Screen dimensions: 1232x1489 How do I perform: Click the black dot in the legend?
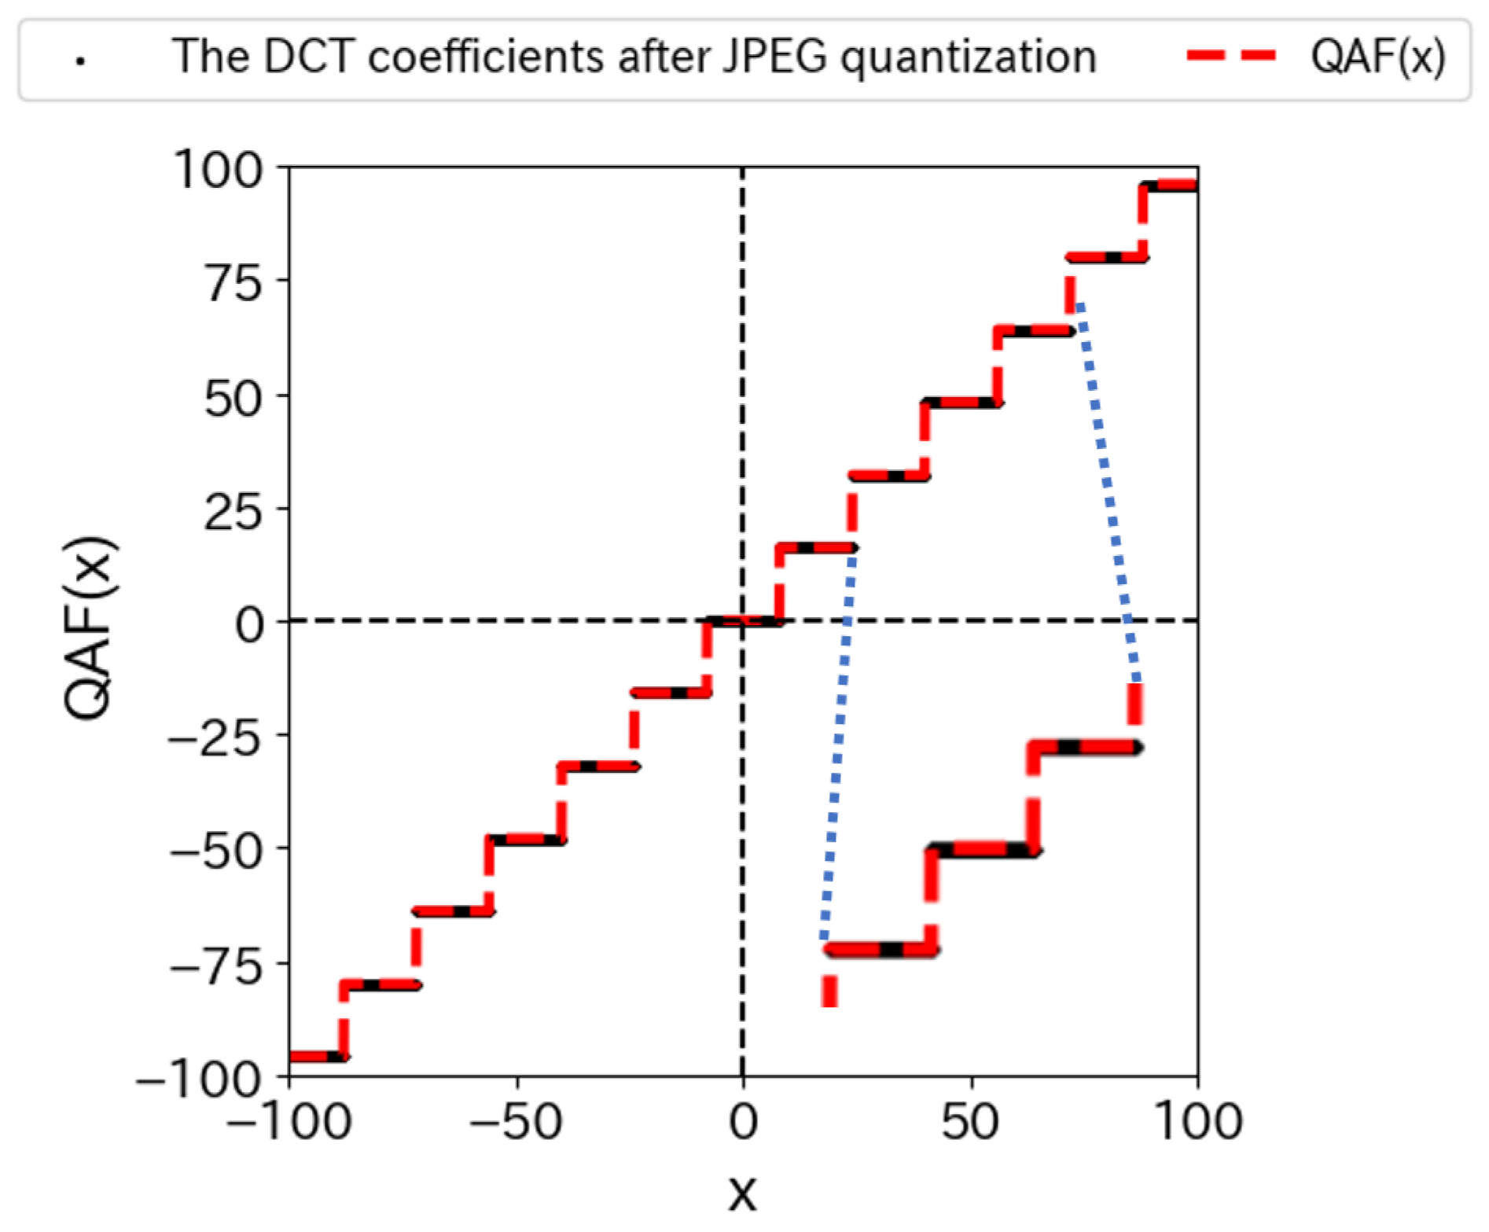click(79, 61)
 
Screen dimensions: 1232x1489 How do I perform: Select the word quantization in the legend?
click(968, 58)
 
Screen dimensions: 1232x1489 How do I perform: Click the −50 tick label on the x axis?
click(517, 1122)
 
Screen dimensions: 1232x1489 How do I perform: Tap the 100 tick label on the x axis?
click(1197, 1122)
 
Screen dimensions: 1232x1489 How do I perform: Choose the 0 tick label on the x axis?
click(742, 1122)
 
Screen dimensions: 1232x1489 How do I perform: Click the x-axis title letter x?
click(742, 1194)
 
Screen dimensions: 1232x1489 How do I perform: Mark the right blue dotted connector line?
click(1108, 487)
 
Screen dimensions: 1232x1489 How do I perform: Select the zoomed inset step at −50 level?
click(983, 850)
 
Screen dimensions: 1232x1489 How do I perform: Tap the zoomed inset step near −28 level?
click(1085, 747)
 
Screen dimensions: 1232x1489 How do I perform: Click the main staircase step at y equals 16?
click(816, 547)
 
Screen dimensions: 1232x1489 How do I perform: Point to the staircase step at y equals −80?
click(381, 984)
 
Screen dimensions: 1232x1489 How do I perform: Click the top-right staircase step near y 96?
click(1170, 186)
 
